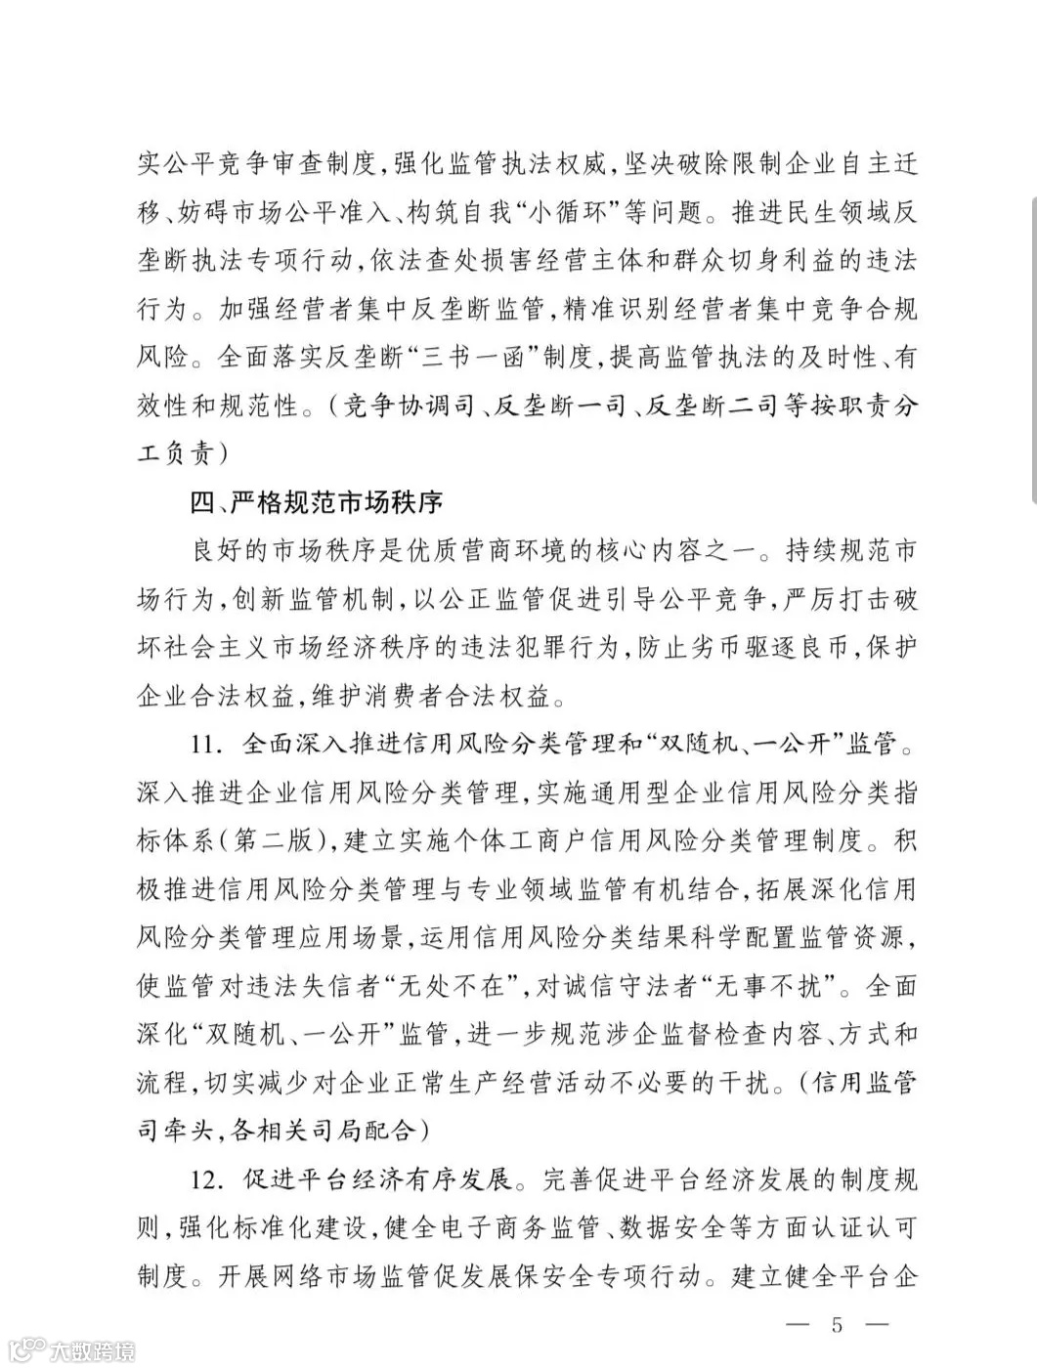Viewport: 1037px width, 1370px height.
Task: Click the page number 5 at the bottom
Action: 837,1325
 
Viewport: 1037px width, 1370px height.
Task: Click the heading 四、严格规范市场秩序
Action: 317,503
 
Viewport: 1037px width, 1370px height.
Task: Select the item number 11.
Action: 209,745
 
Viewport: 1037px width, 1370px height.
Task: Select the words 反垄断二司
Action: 698,407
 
